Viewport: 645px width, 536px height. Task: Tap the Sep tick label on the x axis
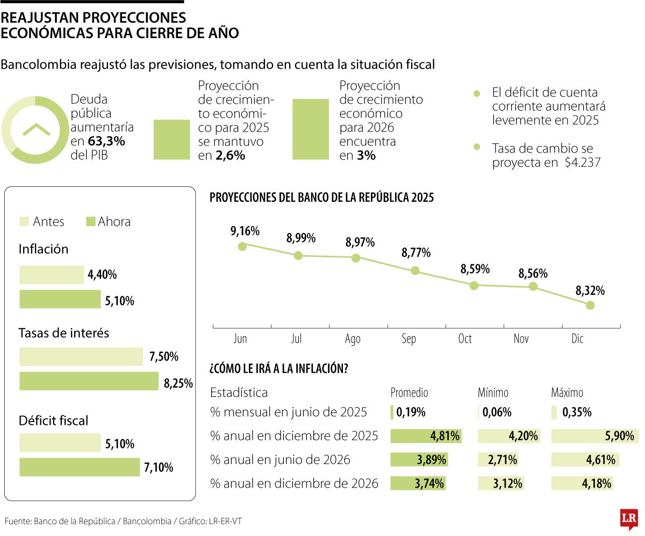point(409,339)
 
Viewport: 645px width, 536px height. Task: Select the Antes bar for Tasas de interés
point(81,357)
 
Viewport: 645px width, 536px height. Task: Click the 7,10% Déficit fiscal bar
point(80,467)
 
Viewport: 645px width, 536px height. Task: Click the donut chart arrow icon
point(36,129)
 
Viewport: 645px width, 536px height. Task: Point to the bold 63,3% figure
point(106,142)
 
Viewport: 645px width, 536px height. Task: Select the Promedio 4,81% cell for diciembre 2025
point(426,436)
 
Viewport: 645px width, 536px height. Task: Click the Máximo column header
point(567,393)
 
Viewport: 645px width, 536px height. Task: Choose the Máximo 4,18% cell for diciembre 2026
point(583,483)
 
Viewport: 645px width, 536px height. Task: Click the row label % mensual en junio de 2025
point(289,412)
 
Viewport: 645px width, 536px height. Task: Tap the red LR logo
point(628,519)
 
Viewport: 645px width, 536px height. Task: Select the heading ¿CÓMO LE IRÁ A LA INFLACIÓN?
point(278,370)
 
